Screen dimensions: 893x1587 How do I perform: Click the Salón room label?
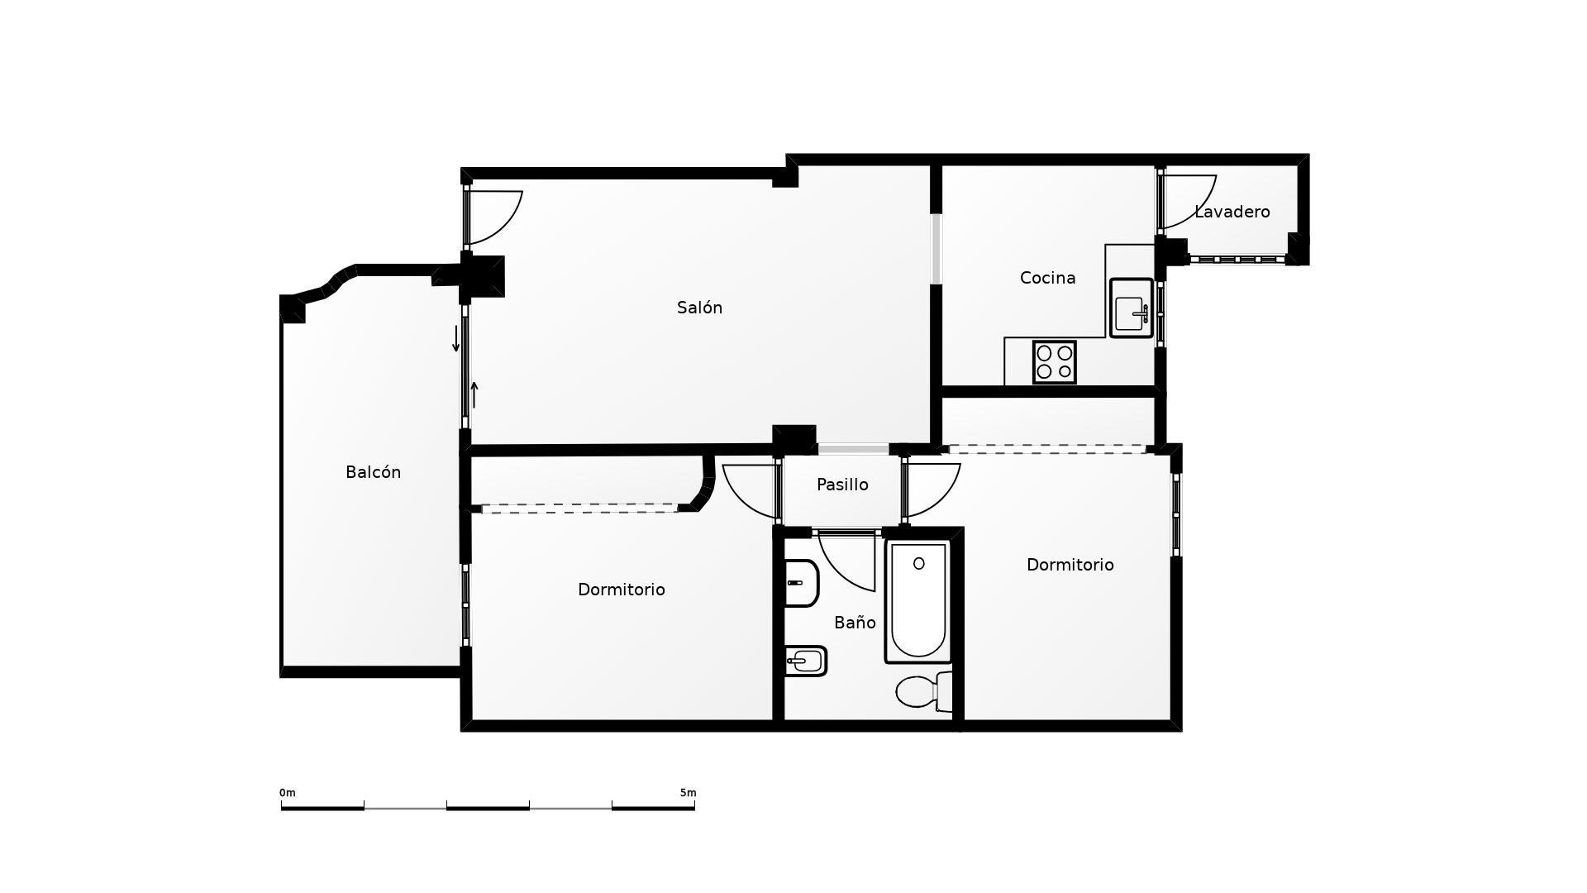(x=699, y=308)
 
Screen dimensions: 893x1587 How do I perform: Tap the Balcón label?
(x=373, y=472)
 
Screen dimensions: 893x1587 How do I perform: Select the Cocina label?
(x=1047, y=278)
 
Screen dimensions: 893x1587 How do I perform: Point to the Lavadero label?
(x=1232, y=212)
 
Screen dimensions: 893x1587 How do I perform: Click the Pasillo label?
(x=842, y=485)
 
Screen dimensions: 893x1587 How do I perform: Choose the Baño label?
(x=855, y=623)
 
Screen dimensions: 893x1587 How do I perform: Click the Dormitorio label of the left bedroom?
(x=621, y=590)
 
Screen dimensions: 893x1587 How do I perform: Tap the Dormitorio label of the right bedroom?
(x=1070, y=565)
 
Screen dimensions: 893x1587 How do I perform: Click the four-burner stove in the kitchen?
(x=1054, y=362)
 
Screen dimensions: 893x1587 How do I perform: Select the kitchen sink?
(x=1131, y=308)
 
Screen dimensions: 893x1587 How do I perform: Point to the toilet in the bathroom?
(x=922, y=692)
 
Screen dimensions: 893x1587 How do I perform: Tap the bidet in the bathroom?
(x=806, y=661)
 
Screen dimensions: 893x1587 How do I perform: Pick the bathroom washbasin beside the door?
(x=800, y=583)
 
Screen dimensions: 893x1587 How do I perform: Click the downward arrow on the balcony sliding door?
(x=455, y=339)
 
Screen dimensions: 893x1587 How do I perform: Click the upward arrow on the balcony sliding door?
(x=474, y=394)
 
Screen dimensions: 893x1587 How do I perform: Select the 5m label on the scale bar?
(x=688, y=793)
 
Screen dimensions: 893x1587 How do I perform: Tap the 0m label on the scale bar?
(x=287, y=793)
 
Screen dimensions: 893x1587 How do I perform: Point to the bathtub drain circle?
(x=918, y=564)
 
